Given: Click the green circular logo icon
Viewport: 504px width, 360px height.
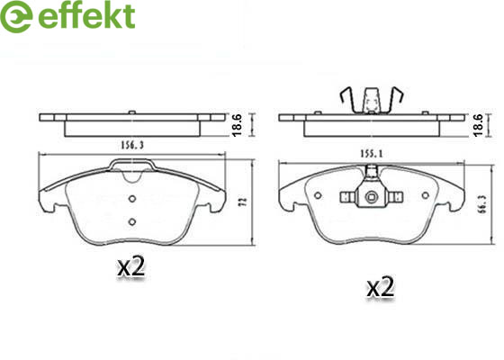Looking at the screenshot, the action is (16, 16).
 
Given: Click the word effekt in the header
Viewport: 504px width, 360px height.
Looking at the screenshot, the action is (86, 15).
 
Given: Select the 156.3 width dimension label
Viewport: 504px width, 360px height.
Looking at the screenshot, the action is (132, 146).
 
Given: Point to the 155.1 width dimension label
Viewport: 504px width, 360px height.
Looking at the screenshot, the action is (371, 154).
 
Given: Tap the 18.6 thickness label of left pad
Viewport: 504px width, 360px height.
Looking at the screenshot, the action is (237, 125).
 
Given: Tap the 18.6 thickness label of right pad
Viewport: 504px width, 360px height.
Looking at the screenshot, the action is (478, 125).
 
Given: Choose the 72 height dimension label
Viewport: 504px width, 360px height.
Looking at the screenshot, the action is (244, 202).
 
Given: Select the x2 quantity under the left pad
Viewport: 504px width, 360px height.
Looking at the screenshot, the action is (131, 266).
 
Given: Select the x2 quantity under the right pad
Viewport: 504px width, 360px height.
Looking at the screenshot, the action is (381, 287).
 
